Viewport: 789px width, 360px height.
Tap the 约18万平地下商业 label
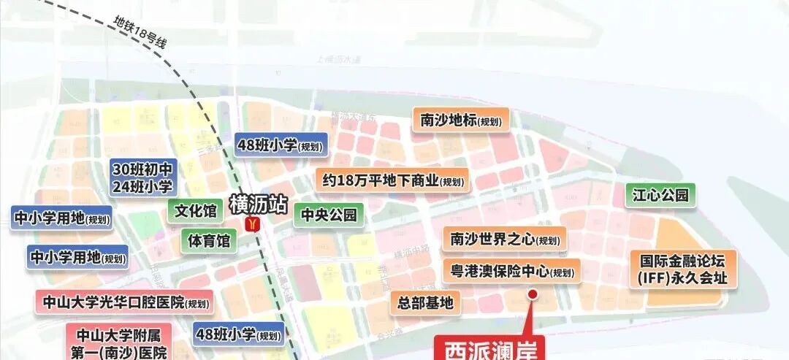click(392, 180)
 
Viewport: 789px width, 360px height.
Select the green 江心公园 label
click(660, 195)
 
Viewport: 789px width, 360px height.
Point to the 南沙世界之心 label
click(505, 239)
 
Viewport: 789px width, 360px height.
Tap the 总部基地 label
click(426, 302)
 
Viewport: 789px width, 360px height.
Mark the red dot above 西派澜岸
click(533, 294)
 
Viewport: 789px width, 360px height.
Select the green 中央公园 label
click(329, 215)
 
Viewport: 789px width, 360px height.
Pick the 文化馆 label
click(196, 212)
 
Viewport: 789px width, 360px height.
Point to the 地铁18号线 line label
click(141, 32)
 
